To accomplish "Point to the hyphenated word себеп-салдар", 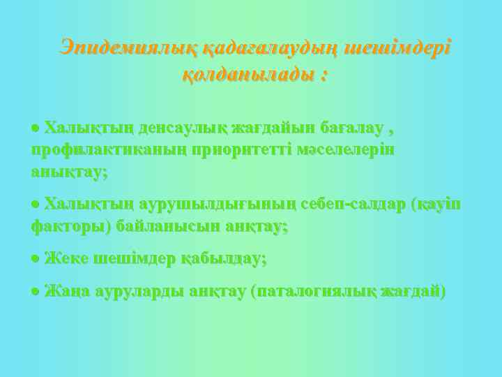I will point(352,205).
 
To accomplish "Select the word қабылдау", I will point(223,258).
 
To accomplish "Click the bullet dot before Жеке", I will point(36,259).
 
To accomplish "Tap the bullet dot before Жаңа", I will point(36,292).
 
